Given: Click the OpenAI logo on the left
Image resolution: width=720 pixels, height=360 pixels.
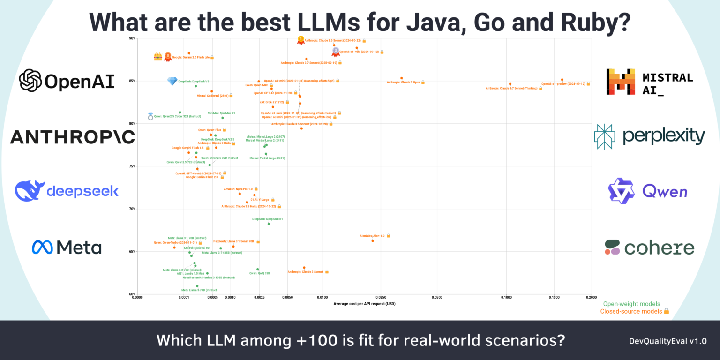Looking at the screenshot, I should click(x=67, y=81).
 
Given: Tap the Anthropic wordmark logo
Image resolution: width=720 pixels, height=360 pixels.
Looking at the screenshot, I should click(x=72, y=137).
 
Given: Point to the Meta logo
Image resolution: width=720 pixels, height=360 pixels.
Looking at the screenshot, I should click(x=67, y=247).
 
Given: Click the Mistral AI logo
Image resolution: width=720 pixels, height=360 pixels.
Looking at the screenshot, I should click(x=649, y=82).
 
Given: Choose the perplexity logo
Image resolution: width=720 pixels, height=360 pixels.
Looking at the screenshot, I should click(x=649, y=136).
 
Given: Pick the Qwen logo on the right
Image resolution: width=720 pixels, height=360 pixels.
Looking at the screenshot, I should click(x=647, y=191).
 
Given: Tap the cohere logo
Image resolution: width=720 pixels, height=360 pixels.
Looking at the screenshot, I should click(x=649, y=247).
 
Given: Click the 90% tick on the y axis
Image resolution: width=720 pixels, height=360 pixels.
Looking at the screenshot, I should click(x=132, y=38).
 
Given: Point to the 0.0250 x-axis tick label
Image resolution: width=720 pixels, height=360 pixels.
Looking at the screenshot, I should click(x=381, y=297).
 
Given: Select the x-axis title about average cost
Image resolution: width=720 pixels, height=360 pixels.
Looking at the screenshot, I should click(x=364, y=304).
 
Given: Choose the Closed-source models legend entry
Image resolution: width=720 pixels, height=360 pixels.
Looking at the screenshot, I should click(x=634, y=311).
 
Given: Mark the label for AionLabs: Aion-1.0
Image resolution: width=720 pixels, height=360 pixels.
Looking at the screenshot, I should click(x=372, y=236).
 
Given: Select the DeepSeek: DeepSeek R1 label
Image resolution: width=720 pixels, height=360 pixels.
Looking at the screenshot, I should click(x=267, y=219).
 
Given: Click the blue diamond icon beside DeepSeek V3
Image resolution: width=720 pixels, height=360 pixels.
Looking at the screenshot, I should click(x=172, y=81).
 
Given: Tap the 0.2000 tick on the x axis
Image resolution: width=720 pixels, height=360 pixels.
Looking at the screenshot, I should click(x=591, y=297).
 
